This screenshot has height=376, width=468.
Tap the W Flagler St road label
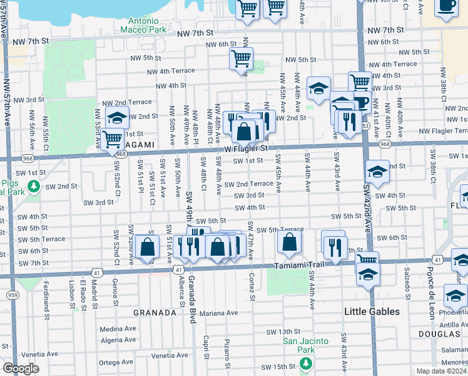247,149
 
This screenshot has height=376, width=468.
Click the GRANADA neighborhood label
155,312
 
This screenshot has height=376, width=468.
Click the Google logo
21,368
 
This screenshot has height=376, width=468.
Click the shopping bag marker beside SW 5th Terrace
289,242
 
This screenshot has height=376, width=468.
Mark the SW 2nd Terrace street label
253,184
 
